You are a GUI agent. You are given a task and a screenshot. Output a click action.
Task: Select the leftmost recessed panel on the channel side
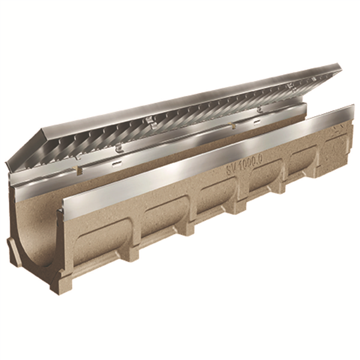click(101, 230)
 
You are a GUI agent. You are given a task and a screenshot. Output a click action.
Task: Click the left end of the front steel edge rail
click(60, 214)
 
